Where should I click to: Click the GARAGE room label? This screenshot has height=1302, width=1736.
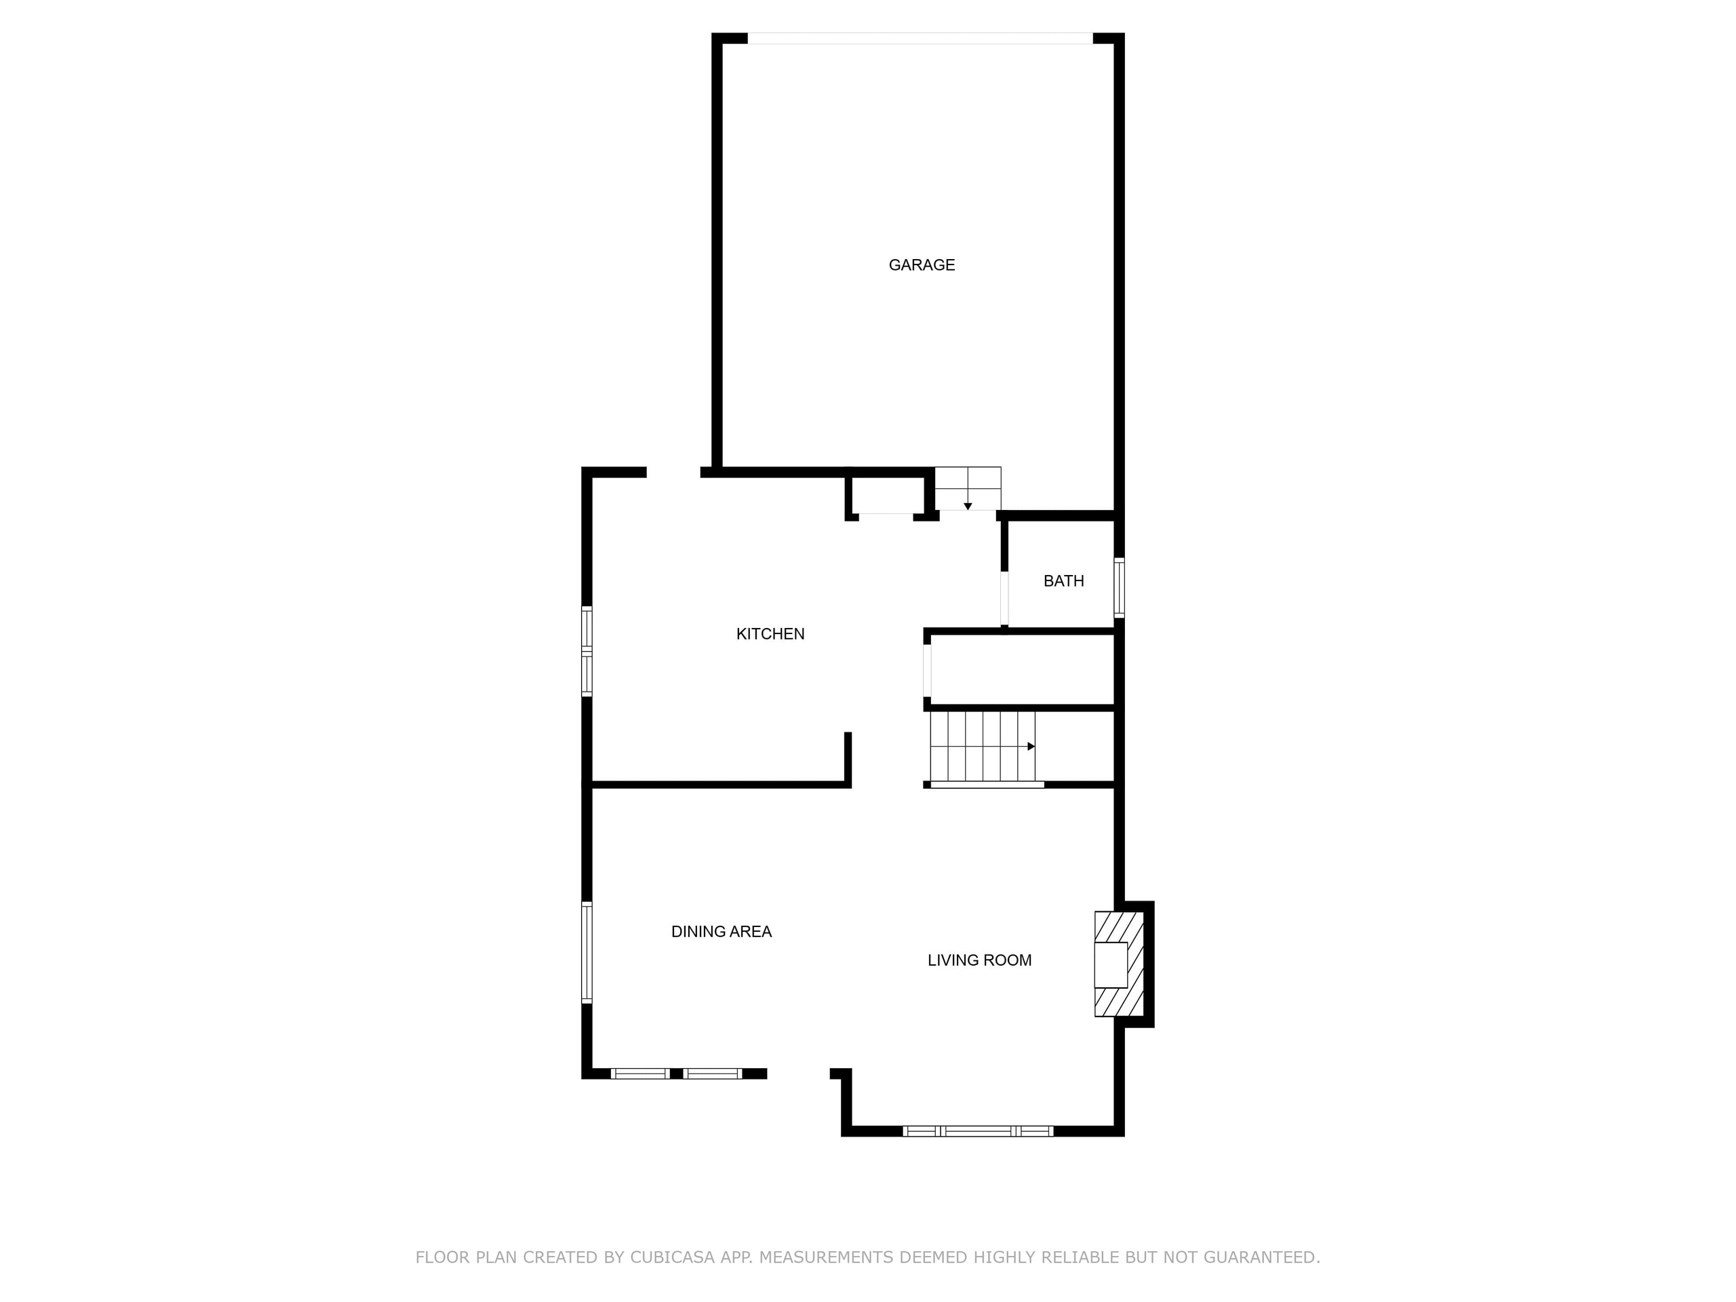922,265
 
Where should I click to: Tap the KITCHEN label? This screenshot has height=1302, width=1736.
770,634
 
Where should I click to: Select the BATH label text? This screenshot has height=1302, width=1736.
1063,580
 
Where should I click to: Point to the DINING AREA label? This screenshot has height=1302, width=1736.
722,932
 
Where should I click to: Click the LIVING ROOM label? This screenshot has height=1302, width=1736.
979,960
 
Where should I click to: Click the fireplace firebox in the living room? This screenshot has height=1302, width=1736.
1111,964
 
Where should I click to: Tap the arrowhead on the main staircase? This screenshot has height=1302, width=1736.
1031,747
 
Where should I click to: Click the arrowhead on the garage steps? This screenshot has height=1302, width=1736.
968,506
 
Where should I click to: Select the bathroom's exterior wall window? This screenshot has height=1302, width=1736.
1119,587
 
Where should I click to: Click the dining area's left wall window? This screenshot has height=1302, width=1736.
587,952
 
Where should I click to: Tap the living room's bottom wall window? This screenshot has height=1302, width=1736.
977,1131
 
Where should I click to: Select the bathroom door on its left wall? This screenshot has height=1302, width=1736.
1004,598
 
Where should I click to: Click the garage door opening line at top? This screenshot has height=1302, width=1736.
920,38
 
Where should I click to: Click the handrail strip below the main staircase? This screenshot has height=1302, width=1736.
987,784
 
